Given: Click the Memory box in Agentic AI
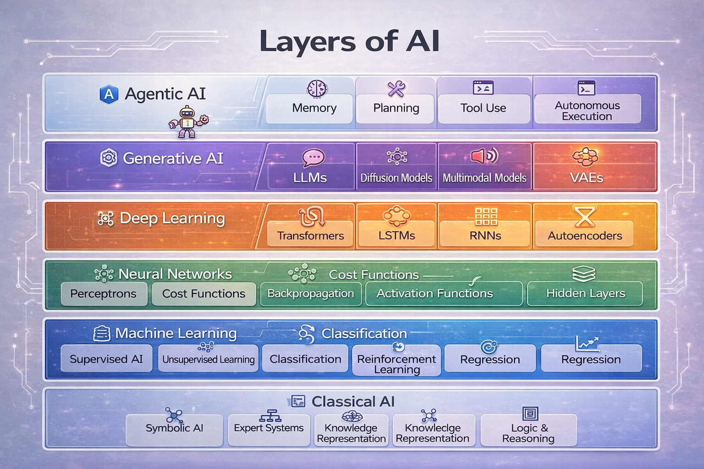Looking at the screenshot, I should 314,108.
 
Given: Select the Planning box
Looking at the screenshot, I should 396,108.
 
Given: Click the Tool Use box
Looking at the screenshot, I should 483,108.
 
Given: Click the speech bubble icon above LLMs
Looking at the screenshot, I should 313,158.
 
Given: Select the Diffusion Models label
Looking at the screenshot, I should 396,178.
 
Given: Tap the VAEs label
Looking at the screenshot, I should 586,178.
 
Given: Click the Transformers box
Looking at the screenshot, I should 310,234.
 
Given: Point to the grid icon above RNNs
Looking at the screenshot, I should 486,216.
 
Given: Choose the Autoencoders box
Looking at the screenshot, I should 584,234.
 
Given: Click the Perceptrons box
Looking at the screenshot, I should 104,294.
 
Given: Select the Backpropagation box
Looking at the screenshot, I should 310,294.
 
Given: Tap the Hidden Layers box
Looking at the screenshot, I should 585,294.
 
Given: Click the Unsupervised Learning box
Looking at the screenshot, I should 208,359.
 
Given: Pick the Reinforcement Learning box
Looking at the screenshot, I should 396,364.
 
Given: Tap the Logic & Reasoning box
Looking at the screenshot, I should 528,432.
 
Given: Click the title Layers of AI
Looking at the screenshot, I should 349,41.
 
